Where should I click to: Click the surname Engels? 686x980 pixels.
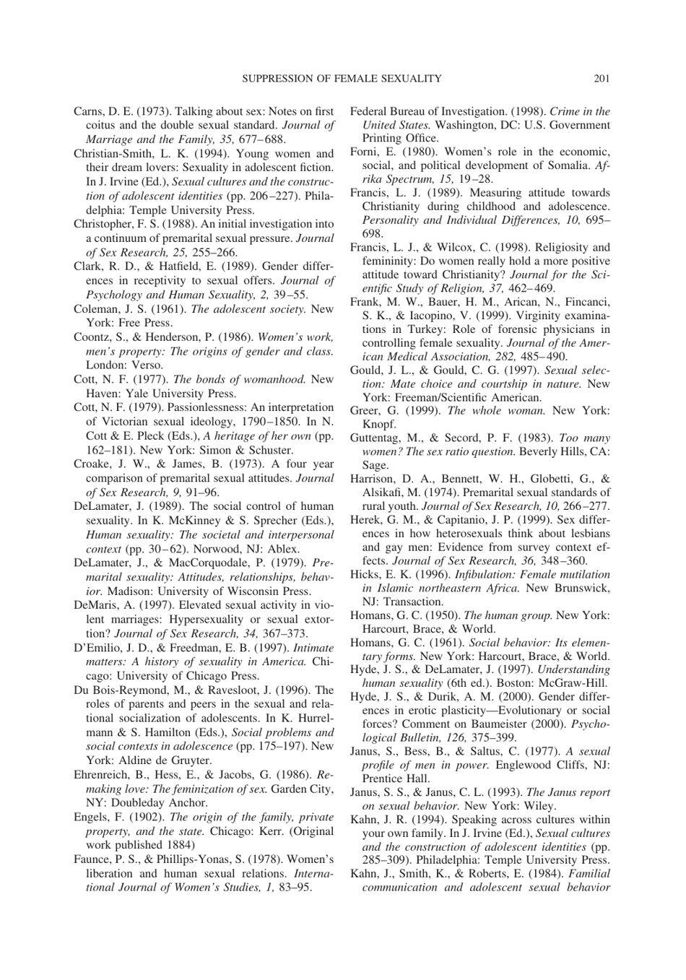[90, 817]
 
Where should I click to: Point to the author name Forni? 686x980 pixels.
[365, 152]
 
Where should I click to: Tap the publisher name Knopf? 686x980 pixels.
[378, 425]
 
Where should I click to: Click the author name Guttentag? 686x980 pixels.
[378, 438]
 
